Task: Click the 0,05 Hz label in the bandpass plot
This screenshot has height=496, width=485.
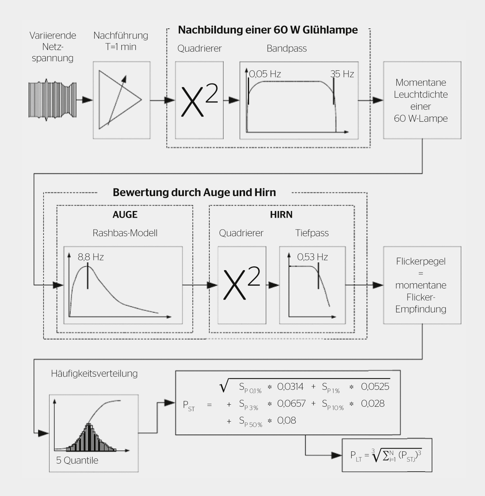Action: click(265, 74)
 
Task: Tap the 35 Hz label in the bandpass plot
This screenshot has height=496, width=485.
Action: click(342, 74)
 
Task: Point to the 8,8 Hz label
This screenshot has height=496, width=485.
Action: click(91, 257)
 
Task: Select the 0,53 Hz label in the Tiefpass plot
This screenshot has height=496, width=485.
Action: click(312, 257)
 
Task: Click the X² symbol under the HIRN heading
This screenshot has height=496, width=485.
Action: click(242, 283)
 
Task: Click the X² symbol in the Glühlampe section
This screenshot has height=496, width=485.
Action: click(199, 100)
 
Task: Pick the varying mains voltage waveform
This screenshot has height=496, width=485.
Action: click(52, 100)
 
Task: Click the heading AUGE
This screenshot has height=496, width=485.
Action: click(125, 215)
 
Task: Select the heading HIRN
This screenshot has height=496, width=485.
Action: click(281, 215)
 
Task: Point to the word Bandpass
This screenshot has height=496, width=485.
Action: click(287, 49)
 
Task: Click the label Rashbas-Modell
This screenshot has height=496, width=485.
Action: click(125, 233)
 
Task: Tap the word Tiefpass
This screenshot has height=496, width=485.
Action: click(312, 233)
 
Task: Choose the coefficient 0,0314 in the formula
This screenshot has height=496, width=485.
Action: click(290, 386)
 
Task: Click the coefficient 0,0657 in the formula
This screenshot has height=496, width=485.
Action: click(291, 403)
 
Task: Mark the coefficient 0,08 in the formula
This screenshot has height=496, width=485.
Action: click(286, 420)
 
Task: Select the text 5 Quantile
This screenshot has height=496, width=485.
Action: click(77, 460)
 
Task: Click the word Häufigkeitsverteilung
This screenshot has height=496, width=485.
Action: click(94, 374)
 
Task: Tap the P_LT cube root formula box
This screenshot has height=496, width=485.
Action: click(387, 455)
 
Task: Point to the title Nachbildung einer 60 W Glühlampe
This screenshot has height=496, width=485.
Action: click(268, 30)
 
